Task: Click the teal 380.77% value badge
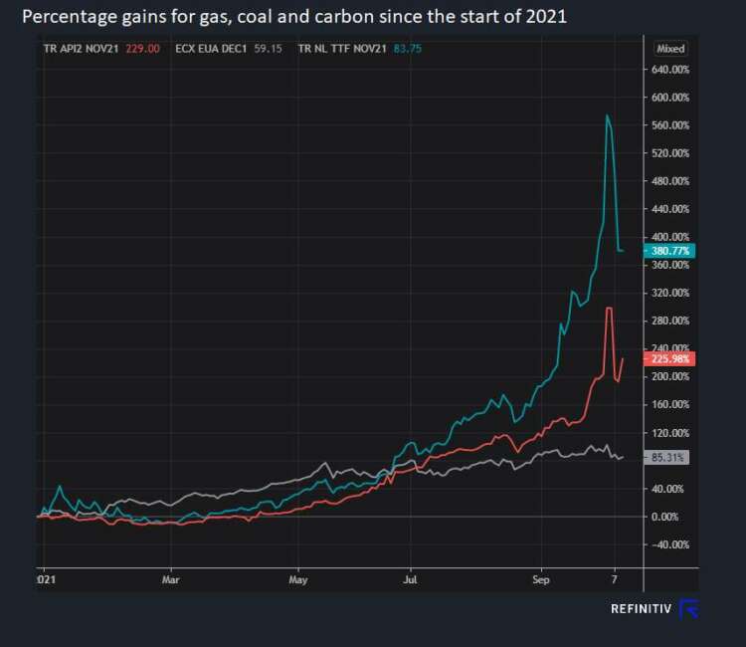pyautogui.click(x=671, y=251)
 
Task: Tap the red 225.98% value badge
pyautogui.click(x=671, y=358)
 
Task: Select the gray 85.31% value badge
pyautogui.click(x=671, y=457)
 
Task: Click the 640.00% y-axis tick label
pyautogui.click(x=670, y=70)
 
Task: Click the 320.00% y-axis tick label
pyautogui.click(x=670, y=293)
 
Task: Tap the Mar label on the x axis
pyautogui.click(x=171, y=577)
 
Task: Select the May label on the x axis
pyautogui.click(x=298, y=577)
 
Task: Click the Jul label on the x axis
pyautogui.click(x=409, y=577)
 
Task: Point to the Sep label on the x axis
pyautogui.click(x=540, y=577)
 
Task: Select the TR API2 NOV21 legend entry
pyautogui.click(x=82, y=48)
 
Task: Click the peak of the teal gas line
pyautogui.click(x=607, y=116)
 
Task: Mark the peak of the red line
pyautogui.click(x=608, y=309)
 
